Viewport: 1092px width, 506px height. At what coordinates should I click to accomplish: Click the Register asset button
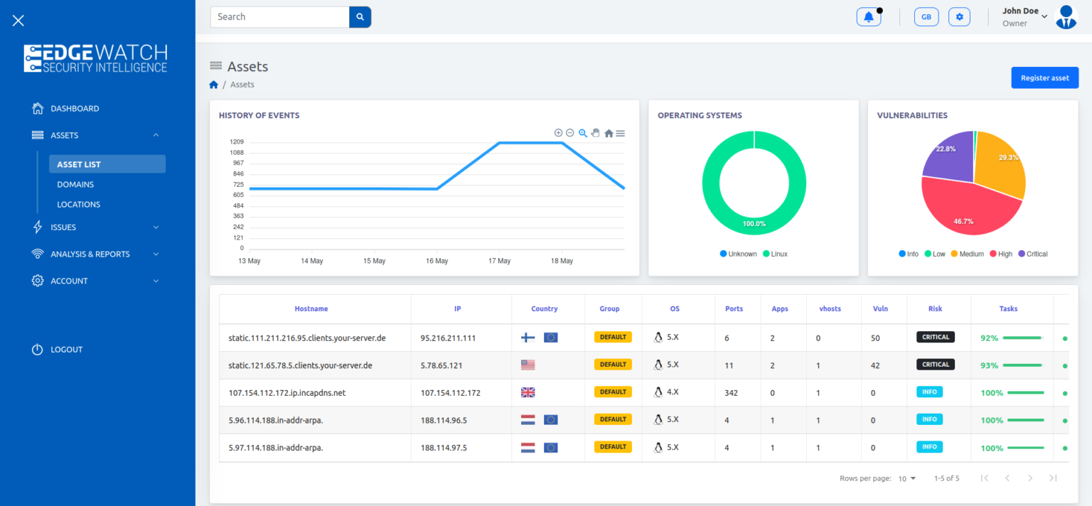1044,78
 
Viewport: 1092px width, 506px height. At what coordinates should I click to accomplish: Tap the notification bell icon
868,17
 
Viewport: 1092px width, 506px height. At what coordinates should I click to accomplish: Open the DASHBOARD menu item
75,109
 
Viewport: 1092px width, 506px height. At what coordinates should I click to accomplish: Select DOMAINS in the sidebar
75,185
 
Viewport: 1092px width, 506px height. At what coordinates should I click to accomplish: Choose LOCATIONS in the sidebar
78,205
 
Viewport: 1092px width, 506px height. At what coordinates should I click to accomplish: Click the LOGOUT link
66,350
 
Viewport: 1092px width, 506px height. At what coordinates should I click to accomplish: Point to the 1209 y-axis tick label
237,142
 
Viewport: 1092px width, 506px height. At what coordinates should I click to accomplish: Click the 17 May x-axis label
499,261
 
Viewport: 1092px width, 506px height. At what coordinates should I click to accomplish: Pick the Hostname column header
311,309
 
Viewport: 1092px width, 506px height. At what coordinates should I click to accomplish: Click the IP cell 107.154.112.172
450,393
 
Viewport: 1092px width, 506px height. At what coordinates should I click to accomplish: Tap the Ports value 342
732,393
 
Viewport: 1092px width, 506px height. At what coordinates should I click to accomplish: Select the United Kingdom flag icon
528,392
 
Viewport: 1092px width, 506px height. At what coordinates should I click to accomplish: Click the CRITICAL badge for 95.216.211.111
935,338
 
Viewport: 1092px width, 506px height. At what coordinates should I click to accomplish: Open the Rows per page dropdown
906,479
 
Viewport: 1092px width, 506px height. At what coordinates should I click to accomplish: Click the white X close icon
18,21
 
